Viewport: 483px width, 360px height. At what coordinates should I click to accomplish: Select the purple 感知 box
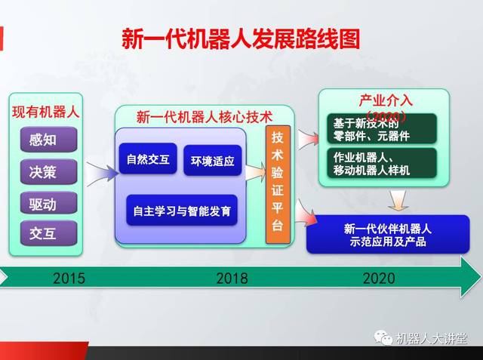pos(48,140)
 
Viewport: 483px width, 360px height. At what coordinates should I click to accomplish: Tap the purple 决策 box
pos(48,171)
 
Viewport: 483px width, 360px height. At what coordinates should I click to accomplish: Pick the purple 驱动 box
pos(48,202)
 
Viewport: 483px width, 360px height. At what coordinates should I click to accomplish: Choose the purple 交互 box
pos(48,233)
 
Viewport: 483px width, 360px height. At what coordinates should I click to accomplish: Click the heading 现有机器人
pos(45,112)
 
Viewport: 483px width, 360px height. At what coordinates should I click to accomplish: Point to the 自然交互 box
pos(147,159)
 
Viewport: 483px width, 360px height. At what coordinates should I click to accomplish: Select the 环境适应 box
pos(213,161)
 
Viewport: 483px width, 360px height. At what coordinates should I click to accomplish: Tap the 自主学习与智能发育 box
pos(181,209)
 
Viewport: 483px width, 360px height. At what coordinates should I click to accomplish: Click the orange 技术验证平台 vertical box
pos(278,184)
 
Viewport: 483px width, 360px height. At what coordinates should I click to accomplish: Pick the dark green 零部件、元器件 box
pos(383,129)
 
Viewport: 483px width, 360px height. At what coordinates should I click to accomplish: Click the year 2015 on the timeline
pos(69,278)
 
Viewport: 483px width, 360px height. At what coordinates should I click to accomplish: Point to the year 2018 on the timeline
pos(232,278)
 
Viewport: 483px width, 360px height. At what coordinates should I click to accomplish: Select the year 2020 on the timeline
pos(378,278)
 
